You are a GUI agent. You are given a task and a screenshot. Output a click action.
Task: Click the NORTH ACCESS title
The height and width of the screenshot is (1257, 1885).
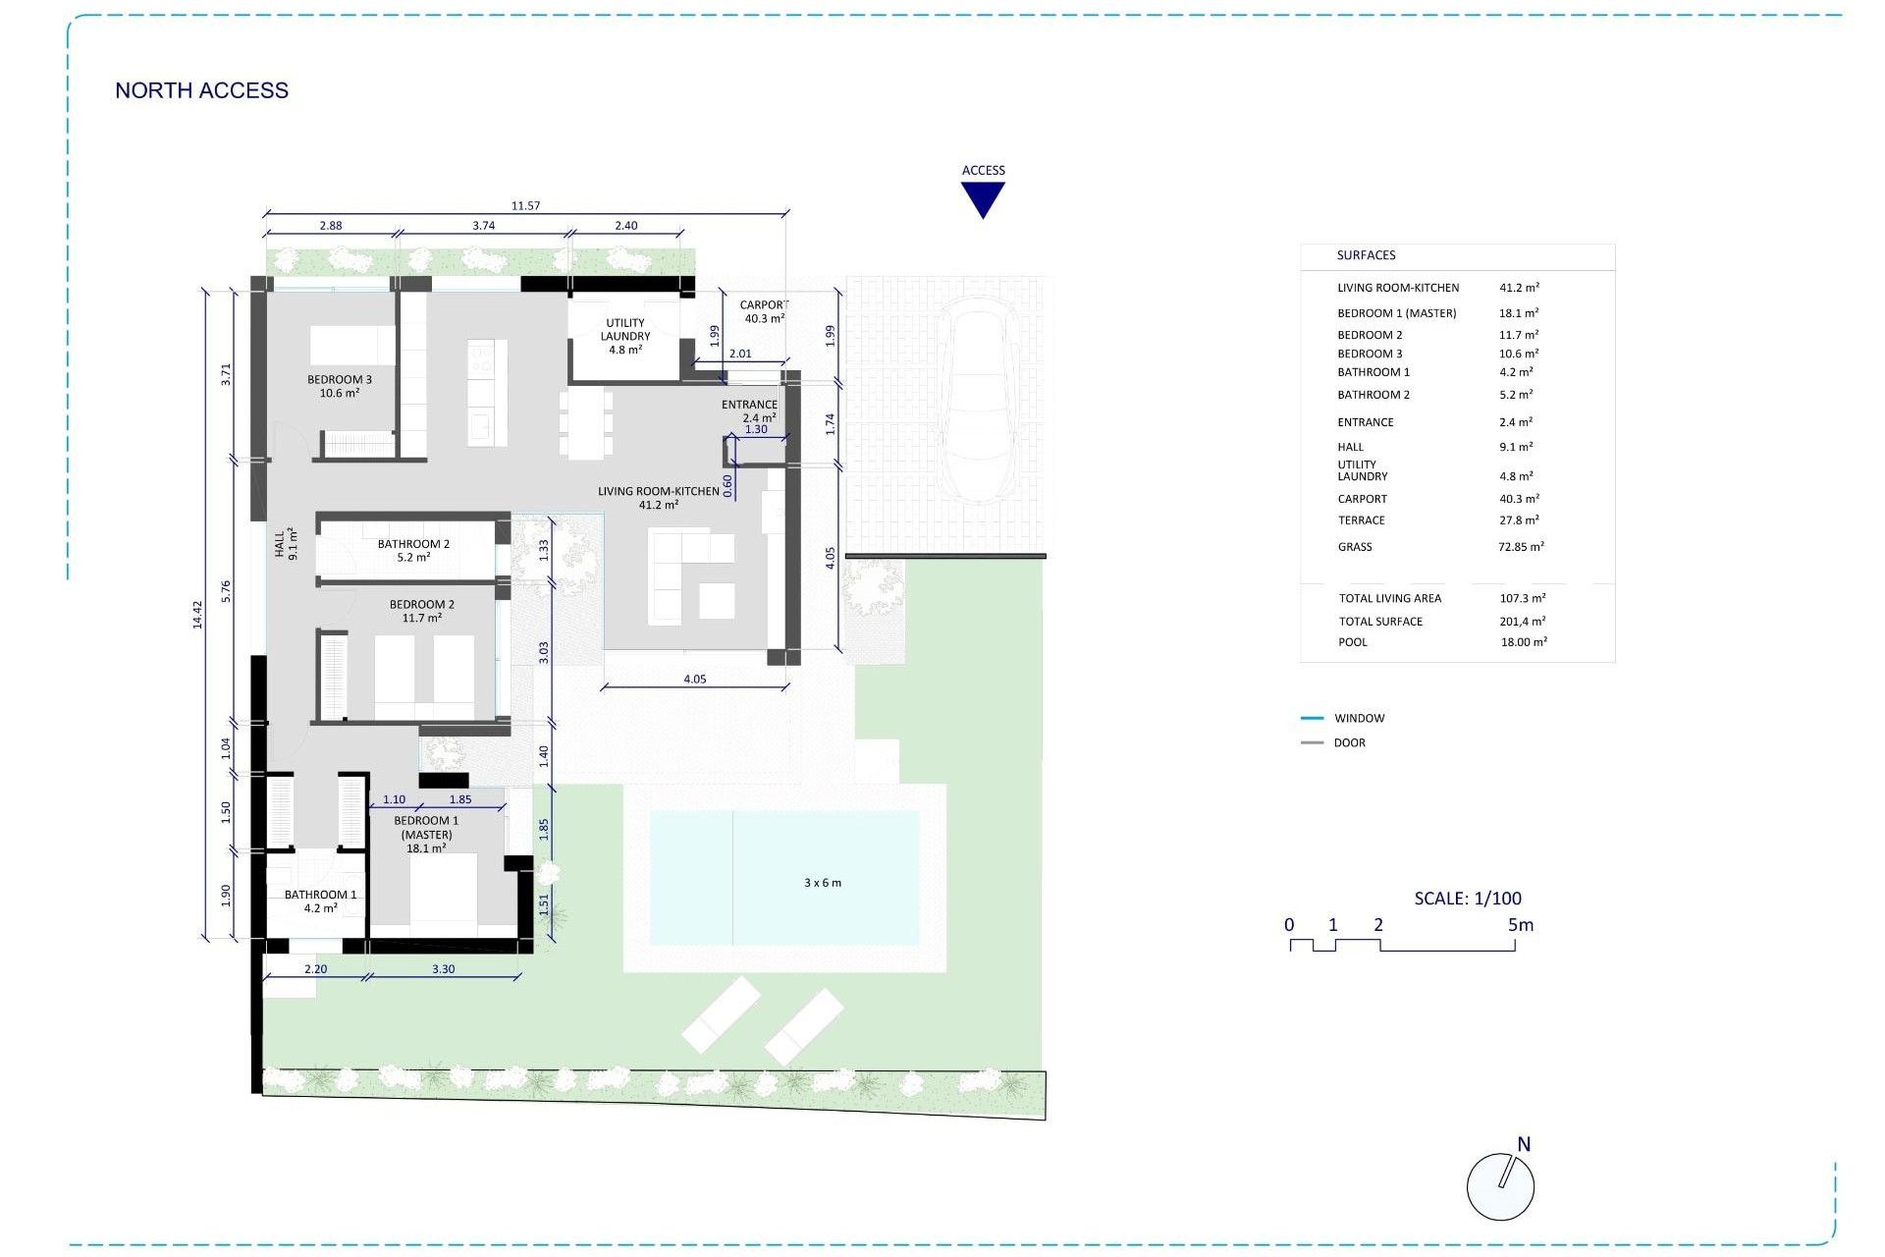tap(201, 90)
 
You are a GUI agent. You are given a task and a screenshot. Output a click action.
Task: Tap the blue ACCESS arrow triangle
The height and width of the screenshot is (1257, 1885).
tap(983, 197)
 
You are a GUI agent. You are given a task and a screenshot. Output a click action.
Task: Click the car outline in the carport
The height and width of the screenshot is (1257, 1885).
tap(977, 406)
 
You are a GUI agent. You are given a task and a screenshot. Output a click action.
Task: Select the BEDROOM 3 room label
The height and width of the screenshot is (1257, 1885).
tap(339, 380)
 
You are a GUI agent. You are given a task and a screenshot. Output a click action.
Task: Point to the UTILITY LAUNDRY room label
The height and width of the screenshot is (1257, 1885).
tap(625, 330)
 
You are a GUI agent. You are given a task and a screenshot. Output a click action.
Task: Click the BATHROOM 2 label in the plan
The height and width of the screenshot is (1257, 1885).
tap(413, 544)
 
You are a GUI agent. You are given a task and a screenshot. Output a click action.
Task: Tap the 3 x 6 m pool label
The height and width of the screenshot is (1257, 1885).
tap(823, 883)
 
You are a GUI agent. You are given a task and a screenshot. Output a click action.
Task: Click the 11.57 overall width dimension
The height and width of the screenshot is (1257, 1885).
tap(525, 206)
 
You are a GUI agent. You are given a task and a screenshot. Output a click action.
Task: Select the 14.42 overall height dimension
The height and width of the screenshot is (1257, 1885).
tap(197, 615)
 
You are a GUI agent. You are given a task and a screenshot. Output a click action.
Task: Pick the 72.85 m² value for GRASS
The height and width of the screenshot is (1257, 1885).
tap(1521, 547)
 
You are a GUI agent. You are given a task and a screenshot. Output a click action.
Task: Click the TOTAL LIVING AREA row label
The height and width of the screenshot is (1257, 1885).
tap(1390, 598)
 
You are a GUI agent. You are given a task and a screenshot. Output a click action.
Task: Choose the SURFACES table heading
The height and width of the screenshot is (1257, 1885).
tap(1366, 255)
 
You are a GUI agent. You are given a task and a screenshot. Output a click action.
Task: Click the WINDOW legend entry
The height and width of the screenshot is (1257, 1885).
tap(1359, 719)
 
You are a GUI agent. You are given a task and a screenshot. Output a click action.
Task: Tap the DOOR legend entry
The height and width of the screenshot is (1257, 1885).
tap(1349, 743)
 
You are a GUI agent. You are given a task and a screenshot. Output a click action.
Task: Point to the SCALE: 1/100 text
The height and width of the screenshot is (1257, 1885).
tap(1468, 899)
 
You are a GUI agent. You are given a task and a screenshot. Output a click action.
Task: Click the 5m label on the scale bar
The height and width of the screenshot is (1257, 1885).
tap(1520, 925)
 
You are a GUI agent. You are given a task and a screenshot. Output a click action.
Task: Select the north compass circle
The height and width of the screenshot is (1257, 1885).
tap(1500, 1187)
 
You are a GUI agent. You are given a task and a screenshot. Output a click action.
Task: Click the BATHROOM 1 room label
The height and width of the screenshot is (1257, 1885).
tap(320, 895)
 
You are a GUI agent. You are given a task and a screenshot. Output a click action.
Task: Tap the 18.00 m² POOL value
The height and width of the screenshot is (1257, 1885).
tap(1524, 642)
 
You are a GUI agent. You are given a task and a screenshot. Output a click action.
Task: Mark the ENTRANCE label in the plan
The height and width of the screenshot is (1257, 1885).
tap(749, 405)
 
